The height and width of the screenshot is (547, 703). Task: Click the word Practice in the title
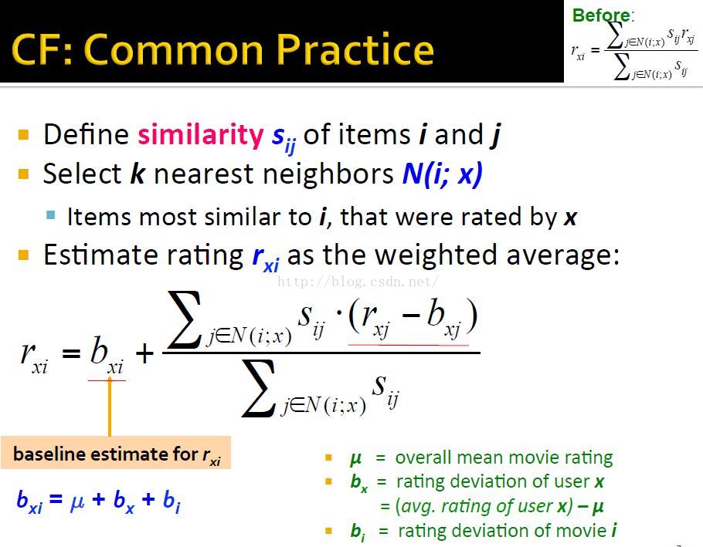tap(355, 49)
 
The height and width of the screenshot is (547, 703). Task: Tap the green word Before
tap(601, 15)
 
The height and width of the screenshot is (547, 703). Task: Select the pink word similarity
tap(200, 135)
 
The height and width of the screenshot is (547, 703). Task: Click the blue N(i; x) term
tap(442, 174)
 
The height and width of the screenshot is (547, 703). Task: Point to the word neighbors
tap(328, 174)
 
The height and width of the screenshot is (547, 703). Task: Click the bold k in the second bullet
tap(138, 174)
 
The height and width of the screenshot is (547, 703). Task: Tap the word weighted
tap(436, 255)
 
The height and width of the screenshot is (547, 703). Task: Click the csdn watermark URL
tap(358, 282)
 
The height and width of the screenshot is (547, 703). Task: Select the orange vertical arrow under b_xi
tap(110, 407)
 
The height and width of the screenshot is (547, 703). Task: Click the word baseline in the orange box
tap(49, 454)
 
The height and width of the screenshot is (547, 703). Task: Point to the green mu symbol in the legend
tap(355, 458)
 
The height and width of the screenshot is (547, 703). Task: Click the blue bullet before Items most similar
tap(51, 215)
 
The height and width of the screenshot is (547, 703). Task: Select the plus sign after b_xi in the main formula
tap(144, 354)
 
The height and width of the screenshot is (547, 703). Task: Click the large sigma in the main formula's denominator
tap(258, 387)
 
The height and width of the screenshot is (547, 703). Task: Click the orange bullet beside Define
tap(23, 134)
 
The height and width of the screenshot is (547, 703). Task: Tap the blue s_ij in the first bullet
tap(284, 137)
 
